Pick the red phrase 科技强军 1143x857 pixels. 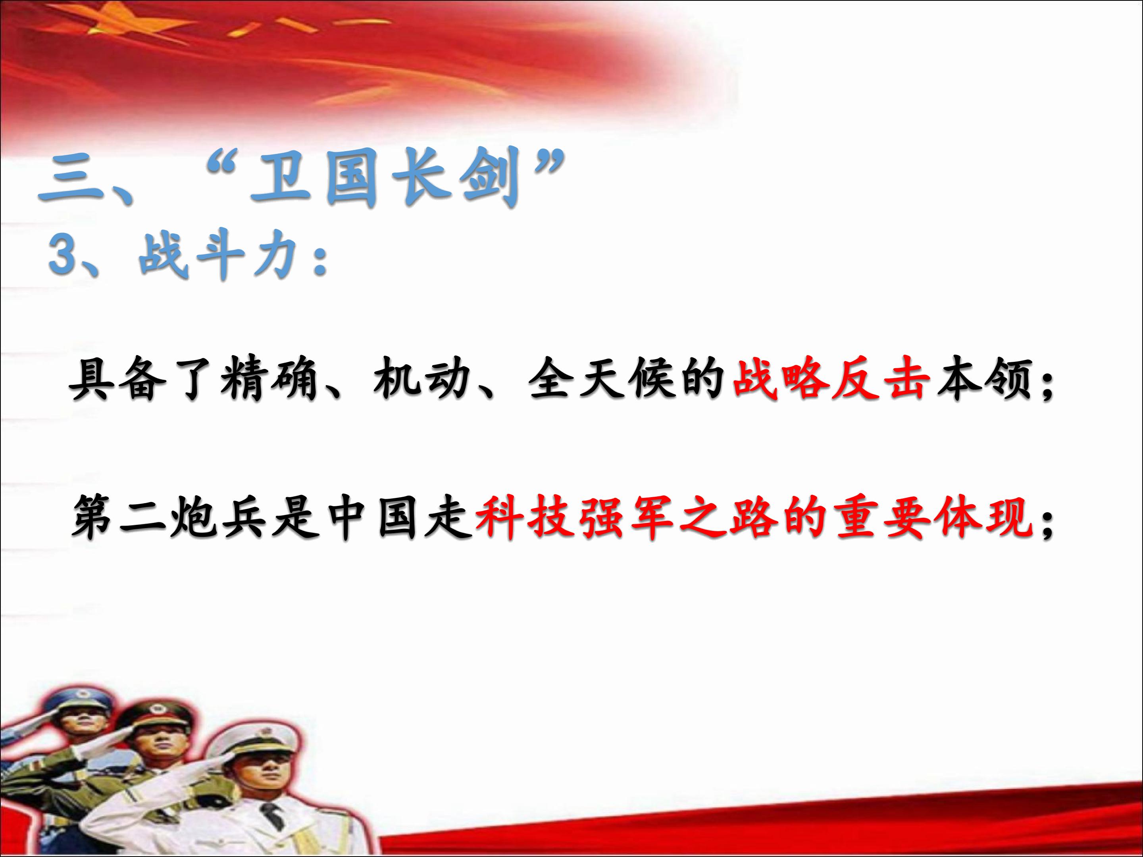573,517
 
